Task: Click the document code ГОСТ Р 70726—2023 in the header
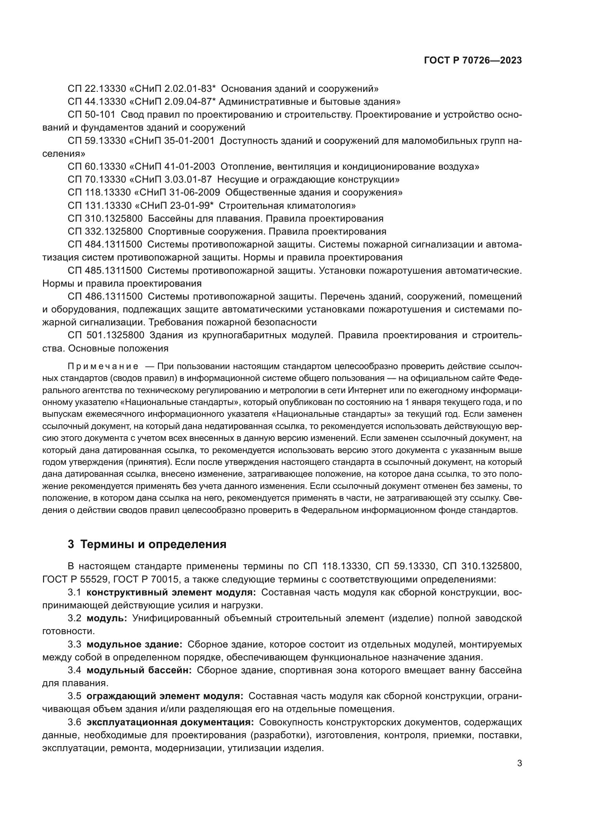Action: click(x=473, y=61)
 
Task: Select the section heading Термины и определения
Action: click(x=153, y=544)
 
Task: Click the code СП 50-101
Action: click(x=92, y=115)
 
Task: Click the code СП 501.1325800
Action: click(x=106, y=335)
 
